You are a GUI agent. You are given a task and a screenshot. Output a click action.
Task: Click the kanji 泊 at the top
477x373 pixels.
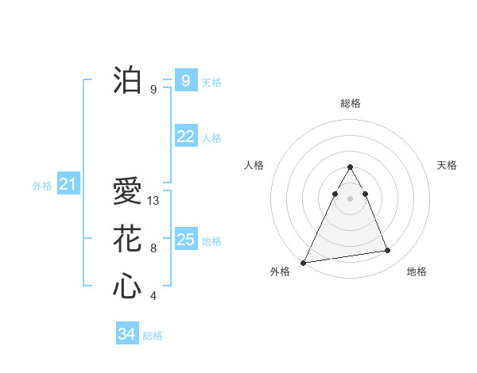tap(127, 80)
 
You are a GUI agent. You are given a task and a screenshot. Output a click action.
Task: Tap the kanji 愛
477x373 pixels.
tap(127, 192)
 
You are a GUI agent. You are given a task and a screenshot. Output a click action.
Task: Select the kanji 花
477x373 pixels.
tap(127, 238)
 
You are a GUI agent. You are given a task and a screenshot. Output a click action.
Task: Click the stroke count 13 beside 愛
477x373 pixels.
tap(154, 201)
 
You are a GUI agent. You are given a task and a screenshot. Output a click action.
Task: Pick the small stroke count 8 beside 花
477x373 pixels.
tap(153, 248)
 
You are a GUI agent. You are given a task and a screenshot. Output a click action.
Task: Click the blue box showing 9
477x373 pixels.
tap(185, 80)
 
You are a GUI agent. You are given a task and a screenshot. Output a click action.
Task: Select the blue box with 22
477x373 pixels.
tap(185, 137)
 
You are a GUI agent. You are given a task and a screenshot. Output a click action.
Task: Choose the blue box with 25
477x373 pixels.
tap(185, 239)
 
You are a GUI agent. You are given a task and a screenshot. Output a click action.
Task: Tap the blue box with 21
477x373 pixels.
tap(68, 185)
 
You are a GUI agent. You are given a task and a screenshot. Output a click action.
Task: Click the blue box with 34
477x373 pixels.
tap(126, 334)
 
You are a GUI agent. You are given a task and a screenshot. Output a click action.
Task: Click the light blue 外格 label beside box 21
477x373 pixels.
tap(42, 186)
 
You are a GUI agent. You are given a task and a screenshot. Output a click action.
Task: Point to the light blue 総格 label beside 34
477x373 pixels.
tap(153, 336)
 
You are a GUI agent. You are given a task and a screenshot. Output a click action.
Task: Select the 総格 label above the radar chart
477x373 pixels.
tap(351, 104)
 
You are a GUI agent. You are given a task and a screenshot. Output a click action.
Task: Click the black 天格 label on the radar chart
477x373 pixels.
tap(448, 165)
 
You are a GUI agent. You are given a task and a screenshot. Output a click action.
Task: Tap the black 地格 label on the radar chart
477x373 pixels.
tap(417, 271)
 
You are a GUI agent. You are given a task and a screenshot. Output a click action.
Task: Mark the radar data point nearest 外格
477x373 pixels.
tap(303, 262)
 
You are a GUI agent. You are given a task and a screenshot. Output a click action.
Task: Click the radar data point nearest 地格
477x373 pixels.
tap(388, 251)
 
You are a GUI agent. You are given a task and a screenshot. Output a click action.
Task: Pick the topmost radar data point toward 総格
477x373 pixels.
tap(351, 167)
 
